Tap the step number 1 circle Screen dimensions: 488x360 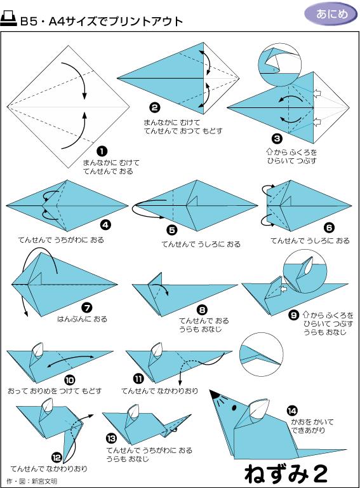pyautogui.click(x=102, y=151)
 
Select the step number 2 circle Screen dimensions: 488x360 pyautogui.click(x=154, y=107)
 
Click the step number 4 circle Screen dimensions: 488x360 pyautogui.click(x=105, y=224)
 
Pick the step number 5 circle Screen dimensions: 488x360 pyautogui.click(x=171, y=230)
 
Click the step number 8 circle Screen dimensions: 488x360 pyautogui.click(x=202, y=309)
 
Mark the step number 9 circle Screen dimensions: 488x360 pyautogui.click(x=293, y=314)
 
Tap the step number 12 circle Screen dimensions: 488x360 pyautogui.click(x=57, y=456)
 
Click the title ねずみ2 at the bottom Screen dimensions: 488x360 pyautogui.click(x=286, y=473)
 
